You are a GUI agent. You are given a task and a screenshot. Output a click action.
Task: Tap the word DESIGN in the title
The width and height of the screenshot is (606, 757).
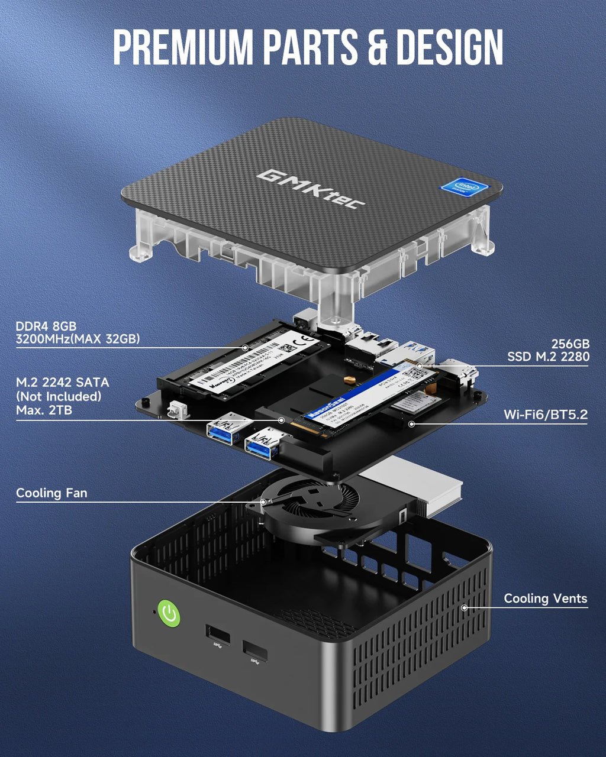click(449, 46)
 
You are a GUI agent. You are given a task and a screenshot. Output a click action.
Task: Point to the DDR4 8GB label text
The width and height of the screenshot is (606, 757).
click(46, 326)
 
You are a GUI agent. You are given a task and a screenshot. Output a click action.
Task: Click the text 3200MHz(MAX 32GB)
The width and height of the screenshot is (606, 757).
click(78, 339)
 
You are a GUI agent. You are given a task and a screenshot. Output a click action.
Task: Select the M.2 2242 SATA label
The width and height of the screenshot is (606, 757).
click(62, 383)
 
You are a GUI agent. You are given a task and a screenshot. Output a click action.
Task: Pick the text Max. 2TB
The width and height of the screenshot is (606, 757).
click(44, 410)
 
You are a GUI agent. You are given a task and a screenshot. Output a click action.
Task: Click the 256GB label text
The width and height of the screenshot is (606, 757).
click(570, 344)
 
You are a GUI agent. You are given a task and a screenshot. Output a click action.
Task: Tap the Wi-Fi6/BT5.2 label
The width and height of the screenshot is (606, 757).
click(546, 415)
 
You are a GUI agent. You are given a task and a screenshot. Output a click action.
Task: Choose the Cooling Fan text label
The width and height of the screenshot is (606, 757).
click(51, 493)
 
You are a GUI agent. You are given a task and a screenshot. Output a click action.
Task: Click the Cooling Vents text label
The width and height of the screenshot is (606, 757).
click(545, 599)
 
